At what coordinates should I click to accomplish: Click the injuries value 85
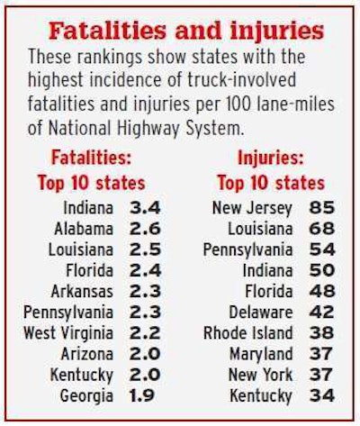tap(321, 208)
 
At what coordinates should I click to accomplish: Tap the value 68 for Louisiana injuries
tap(321, 229)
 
